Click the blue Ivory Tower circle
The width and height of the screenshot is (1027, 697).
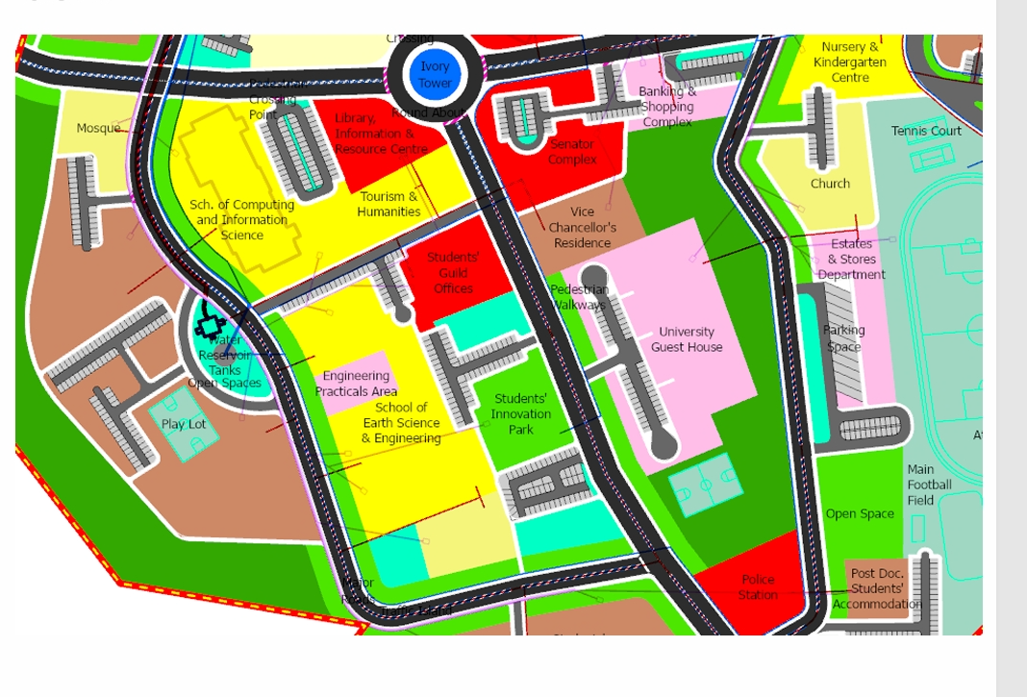435,75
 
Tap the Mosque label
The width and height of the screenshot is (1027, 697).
98,128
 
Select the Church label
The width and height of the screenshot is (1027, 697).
830,184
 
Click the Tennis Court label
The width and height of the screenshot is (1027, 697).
926,131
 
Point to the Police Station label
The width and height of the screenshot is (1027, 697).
758,587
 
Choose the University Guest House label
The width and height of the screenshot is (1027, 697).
687,339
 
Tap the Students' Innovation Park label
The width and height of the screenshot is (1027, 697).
521,414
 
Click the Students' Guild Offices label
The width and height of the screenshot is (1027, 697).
453,273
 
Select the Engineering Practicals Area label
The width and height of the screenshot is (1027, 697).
356,384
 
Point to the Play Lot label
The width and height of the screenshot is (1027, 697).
184,424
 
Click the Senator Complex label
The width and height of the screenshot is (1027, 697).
572,152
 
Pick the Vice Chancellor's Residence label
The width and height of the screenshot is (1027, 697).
583,228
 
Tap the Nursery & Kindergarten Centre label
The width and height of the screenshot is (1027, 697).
850,62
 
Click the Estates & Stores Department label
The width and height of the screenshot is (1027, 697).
852,260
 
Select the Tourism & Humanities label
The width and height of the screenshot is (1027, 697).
388,204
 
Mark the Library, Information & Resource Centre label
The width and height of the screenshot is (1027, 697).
381,134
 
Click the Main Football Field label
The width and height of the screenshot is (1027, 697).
929,485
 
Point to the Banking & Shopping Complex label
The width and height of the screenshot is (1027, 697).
667,107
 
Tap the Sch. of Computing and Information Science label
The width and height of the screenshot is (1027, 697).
242,220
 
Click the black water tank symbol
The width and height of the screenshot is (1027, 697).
209,322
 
